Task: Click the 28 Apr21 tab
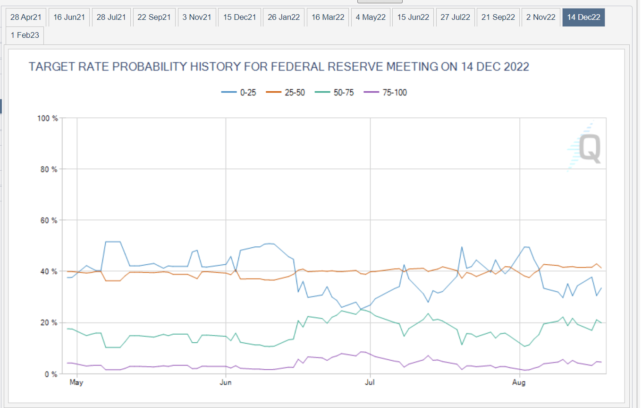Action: [26, 17]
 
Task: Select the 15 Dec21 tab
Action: [239, 17]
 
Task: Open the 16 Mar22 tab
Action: [327, 17]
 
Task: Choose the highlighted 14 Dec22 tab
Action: [583, 17]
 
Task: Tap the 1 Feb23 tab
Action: [25, 35]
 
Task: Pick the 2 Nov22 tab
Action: [541, 17]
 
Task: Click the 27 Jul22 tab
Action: [455, 17]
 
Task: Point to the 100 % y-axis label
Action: [48, 118]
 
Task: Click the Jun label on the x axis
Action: [226, 382]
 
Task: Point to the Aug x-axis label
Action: [519, 382]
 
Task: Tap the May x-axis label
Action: [76, 382]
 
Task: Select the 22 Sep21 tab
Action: [154, 17]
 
